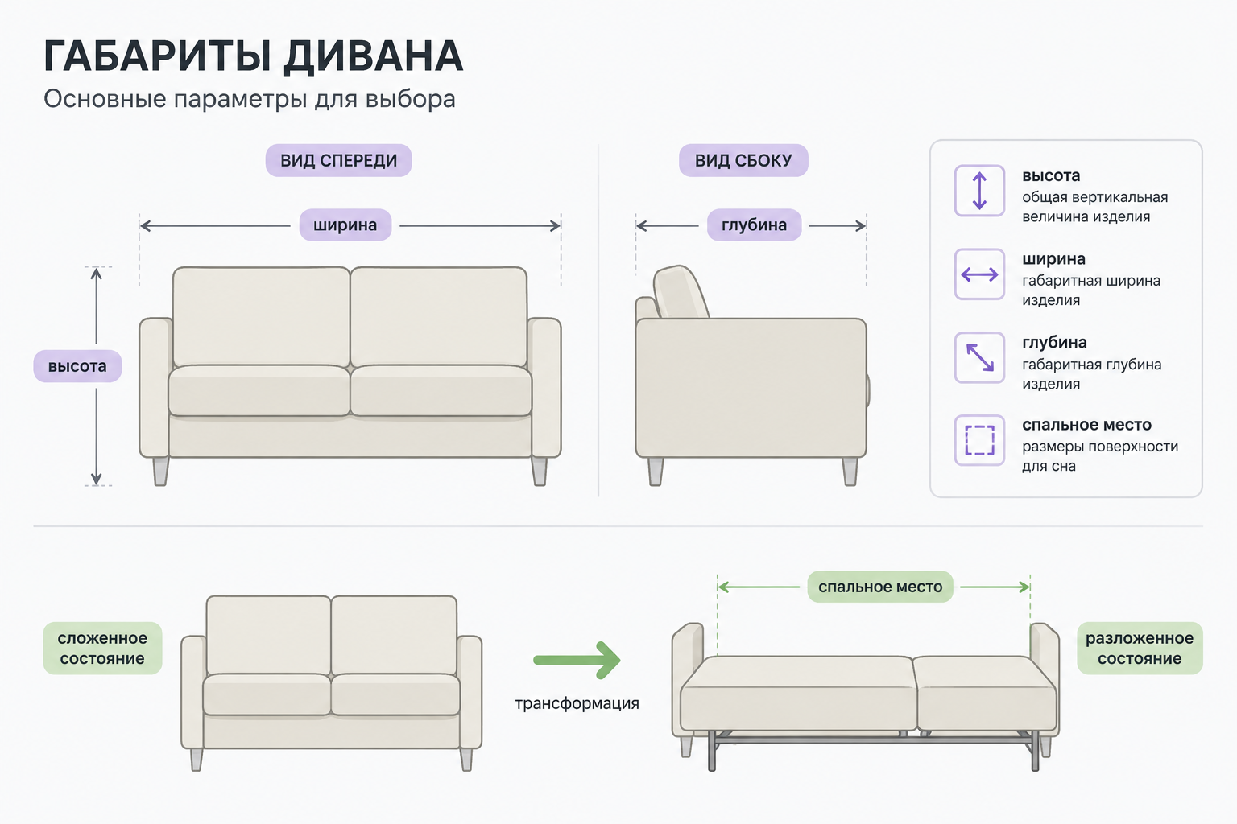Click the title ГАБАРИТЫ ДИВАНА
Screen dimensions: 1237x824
[x=253, y=56]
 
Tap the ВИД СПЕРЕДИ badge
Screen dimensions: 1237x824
[x=338, y=161]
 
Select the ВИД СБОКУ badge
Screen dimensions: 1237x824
[x=743, y=161]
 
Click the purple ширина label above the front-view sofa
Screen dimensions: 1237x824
[x=345, y=225]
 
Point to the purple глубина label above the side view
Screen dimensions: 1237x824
[x=754, y=225]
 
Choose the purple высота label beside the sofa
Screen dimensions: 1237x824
[x=77, y=366]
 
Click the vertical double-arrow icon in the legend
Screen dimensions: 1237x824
[x=979, y=191]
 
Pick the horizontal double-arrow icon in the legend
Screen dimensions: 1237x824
[x=979, y=274]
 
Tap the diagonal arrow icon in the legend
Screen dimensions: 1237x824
[x=979, y=357]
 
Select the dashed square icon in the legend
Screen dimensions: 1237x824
[x=979, y=440]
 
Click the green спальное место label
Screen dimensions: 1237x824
[x=880, y=587]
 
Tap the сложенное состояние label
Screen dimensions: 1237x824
[x=102, y=648]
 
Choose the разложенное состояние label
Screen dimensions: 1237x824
[x=1140, y=648]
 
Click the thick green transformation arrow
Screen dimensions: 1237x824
[x=577, y=660]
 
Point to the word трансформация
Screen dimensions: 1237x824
[x=577, y=703]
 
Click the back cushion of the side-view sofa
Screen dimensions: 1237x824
[x=681, y=293]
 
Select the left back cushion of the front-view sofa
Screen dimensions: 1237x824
[x=261, y=317]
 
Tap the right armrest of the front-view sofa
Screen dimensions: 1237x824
[x=545, y=387]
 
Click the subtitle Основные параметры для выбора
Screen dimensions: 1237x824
[x=250, y=99]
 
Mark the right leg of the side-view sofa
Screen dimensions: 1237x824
[x=850, y=472]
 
